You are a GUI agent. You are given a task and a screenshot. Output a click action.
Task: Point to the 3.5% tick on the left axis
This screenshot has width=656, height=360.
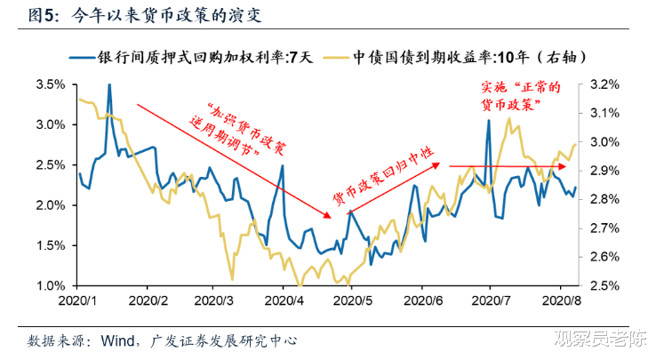[51, 84]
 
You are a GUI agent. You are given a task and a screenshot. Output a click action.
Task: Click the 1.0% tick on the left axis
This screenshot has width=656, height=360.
[51, 286]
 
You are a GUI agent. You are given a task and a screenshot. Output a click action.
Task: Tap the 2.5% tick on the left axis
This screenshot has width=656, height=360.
[51, 165]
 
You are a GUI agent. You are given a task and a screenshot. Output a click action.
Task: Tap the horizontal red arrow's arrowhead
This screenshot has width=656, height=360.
[559, 165]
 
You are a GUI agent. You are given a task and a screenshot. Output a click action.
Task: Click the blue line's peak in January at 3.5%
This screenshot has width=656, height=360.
[109, 85]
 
